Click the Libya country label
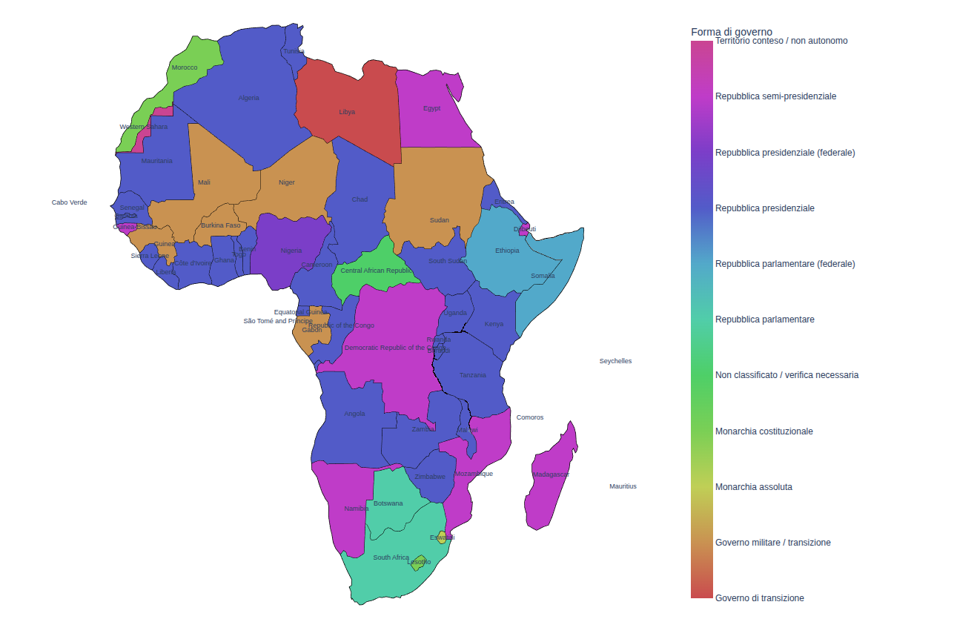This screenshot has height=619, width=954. [347, 112]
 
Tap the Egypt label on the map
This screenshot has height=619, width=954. [432, 108]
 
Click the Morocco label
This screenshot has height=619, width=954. [185, 67]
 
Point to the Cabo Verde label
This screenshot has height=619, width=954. [69, 202]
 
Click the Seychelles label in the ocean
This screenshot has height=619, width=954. [615, 361]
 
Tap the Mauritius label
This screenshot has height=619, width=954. [623, 486]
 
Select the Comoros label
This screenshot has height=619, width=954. [530, 417]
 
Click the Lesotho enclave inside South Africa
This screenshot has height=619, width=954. [419, 562]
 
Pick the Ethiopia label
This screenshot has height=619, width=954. [507, 251]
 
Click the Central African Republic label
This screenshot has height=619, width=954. [376, 271]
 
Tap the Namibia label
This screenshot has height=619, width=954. [357, 509]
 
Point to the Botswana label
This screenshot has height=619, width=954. [388, 503]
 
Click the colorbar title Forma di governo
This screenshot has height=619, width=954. [731, 32]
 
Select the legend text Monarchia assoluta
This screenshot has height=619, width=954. [753, 487]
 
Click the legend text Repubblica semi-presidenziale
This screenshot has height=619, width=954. [775, 96]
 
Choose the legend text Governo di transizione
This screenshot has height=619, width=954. [759, 598]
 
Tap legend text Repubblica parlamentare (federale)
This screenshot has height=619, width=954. [785, 264]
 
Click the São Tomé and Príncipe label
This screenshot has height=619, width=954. [278, 321]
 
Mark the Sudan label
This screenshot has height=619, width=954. [440, 220]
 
